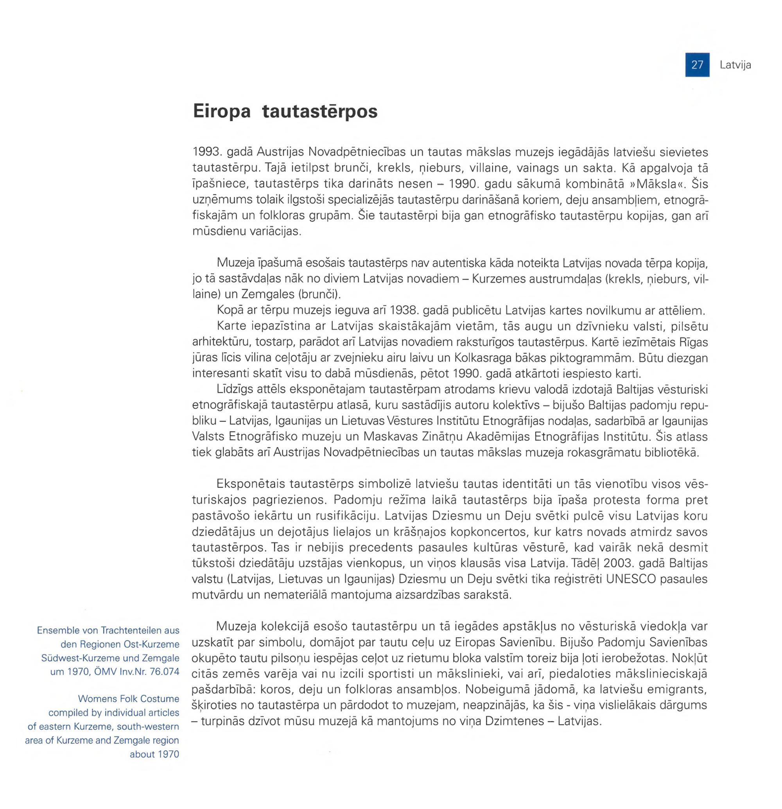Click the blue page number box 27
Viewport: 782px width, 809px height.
[697, 65]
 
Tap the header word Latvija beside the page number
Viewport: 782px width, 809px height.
[735, 65]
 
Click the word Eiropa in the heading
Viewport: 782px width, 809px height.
[222, 112]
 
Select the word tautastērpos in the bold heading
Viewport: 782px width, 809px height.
[320, 112]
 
